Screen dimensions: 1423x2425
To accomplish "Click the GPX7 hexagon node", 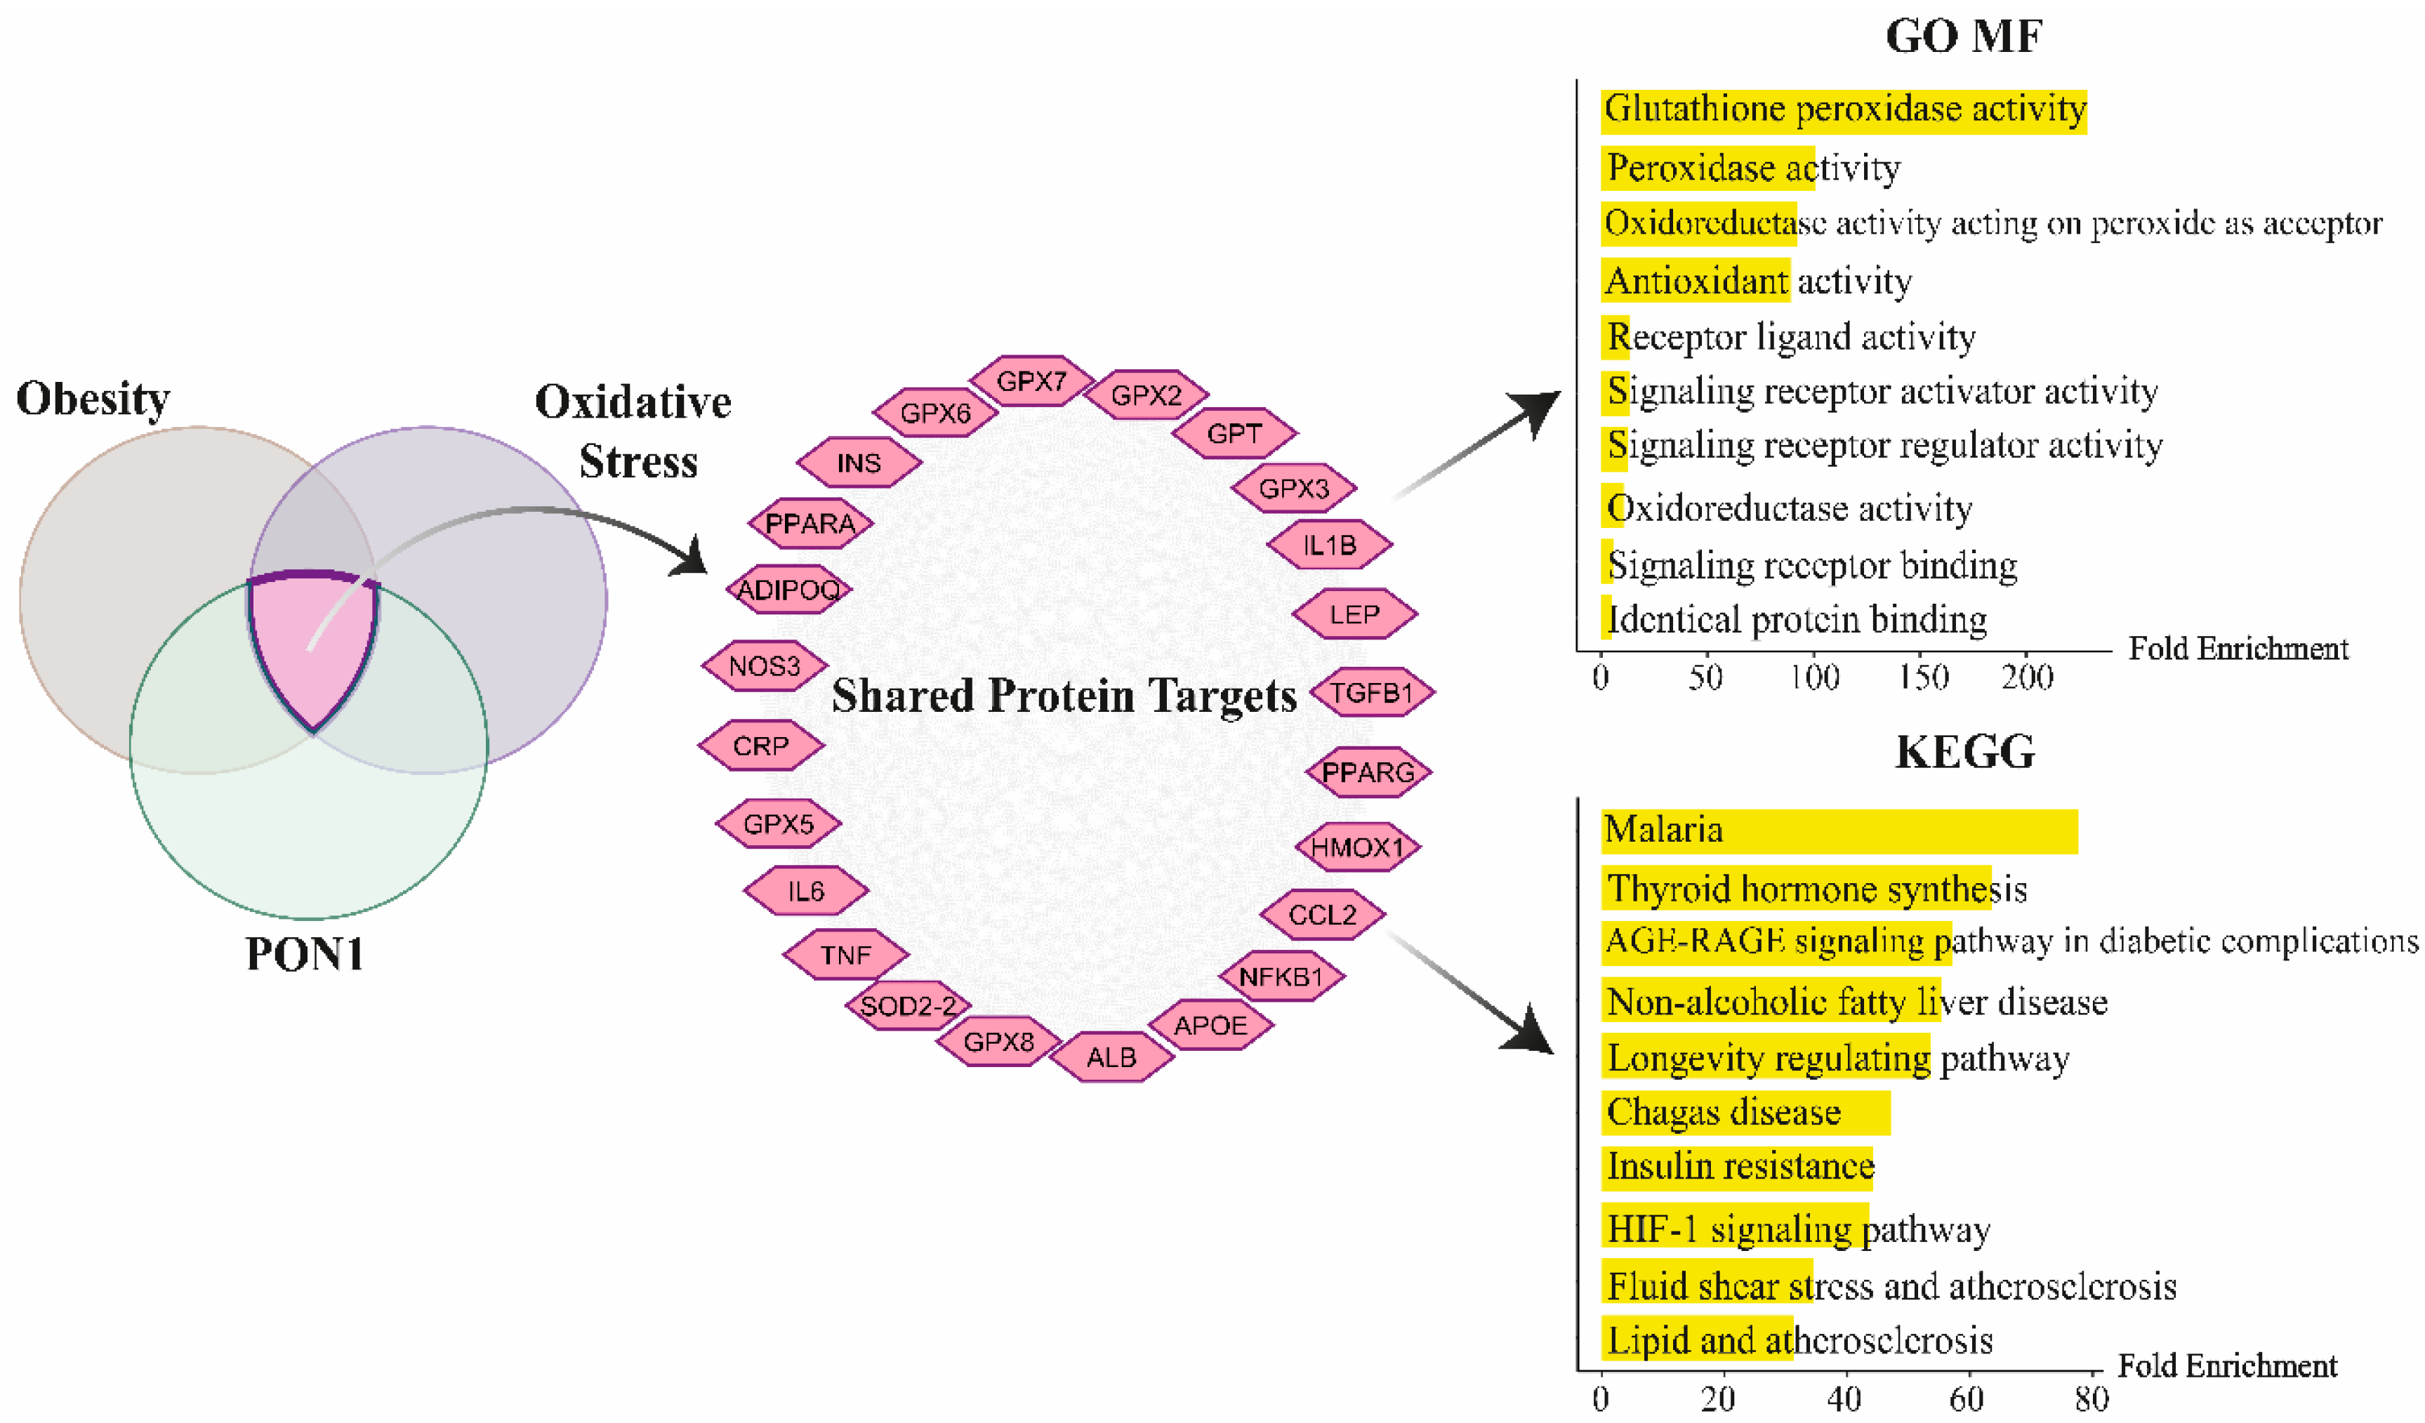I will pos(1031,381).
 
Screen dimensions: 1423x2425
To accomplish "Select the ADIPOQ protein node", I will pos(788,589).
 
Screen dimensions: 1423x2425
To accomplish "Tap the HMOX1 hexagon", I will pos(1357,847).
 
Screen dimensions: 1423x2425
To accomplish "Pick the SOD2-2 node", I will pos(908,1005).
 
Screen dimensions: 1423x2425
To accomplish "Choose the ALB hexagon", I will pos(1111,1057).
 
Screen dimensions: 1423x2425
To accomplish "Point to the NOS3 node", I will pos(764,666).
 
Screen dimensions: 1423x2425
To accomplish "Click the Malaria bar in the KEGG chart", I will pos(1838,831).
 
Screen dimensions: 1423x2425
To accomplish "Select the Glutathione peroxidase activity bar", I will pos(1843,110).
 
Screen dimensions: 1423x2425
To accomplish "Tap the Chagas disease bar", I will pos(1744,1112).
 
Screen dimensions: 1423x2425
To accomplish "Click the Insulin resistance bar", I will pos(1737,1167).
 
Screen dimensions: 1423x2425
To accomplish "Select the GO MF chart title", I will pos(1963,37).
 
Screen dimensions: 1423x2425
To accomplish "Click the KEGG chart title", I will pos(1965,751).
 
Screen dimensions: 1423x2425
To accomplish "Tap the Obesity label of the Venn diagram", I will pos(93,398).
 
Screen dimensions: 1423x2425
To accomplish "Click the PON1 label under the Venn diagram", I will pos(305,955).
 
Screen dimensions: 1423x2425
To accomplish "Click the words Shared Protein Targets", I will pos(1064,696).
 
